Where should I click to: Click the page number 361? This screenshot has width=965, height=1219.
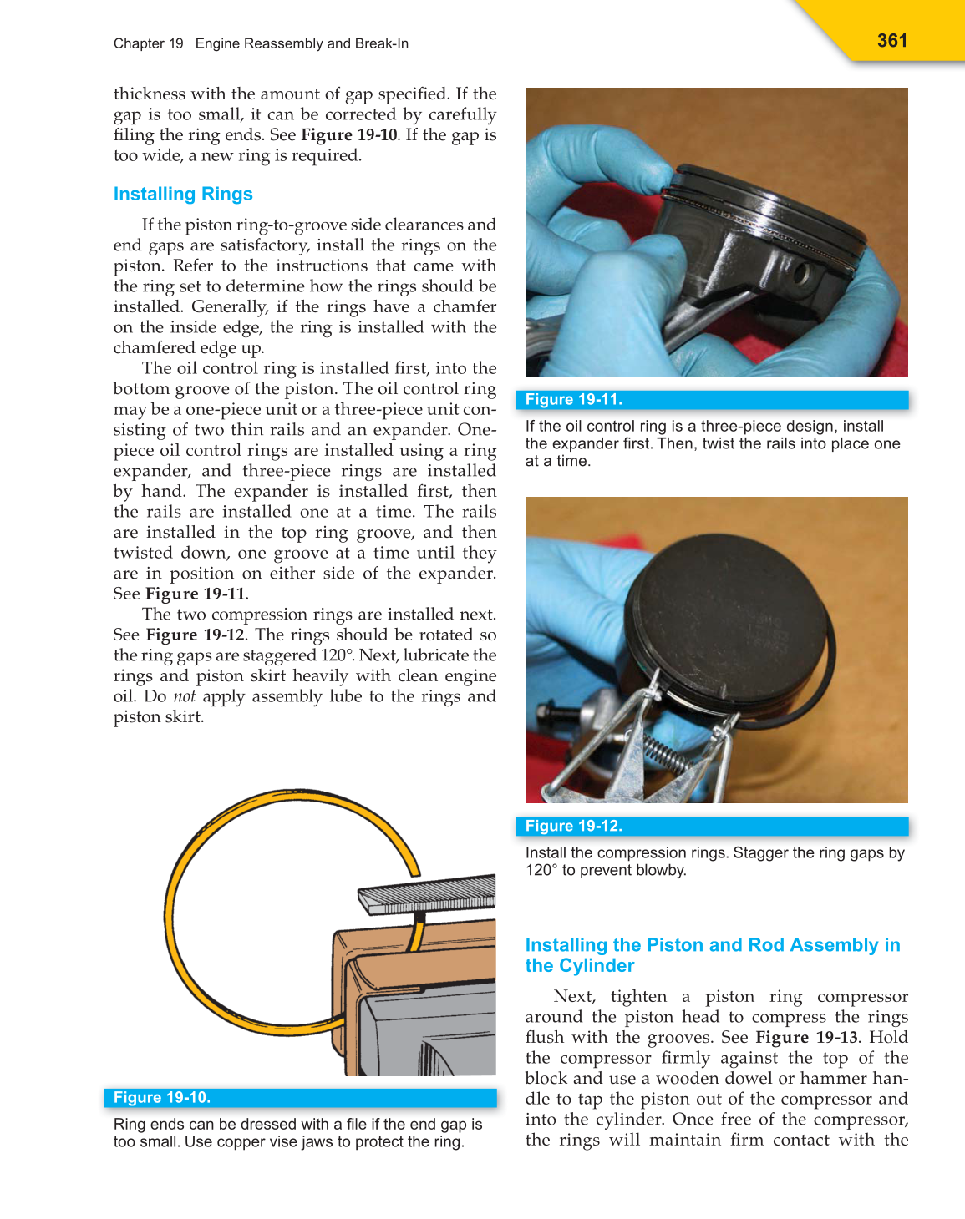[x=891, y=41]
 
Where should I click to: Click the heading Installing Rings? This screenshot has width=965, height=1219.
[x=183, y=194]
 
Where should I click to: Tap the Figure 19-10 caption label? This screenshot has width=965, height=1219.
[x=161, y=1097]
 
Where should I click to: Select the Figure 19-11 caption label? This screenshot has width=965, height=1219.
[x=573, y=399]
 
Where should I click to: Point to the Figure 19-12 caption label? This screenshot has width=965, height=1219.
[x=573, y=826]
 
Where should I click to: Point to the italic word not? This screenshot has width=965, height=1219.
[x=184, y=696]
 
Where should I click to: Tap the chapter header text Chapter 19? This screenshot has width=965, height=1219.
[x=148, y=43]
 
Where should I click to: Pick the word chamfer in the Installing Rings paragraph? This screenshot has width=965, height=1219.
[x=465, y=306]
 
